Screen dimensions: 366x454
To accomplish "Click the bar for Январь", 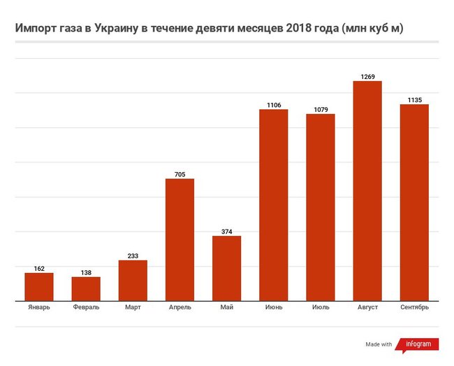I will pos(39,287).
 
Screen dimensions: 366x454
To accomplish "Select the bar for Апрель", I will pos(180,240).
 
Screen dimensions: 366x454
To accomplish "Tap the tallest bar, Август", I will pos(367,191).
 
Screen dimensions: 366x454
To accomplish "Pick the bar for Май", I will pos(226,269).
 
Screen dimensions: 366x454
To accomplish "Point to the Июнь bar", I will pos(274,205).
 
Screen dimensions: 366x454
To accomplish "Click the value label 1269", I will pos(367,76).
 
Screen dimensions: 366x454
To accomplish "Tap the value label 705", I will pos(180,174).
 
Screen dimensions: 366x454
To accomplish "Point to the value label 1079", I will pos(321,108).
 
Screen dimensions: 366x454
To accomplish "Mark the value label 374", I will pos(226,230).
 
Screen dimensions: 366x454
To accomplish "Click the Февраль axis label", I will pos(86,307).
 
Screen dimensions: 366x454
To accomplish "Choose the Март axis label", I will pos(133,307).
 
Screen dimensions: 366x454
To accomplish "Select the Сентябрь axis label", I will pos(414,307).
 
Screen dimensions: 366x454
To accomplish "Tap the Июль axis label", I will pos(321,307).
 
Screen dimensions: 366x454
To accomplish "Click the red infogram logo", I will pos(418,344).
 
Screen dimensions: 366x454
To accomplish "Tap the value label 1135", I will pos(414,99).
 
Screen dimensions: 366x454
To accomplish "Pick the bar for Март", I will pos(133,281).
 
